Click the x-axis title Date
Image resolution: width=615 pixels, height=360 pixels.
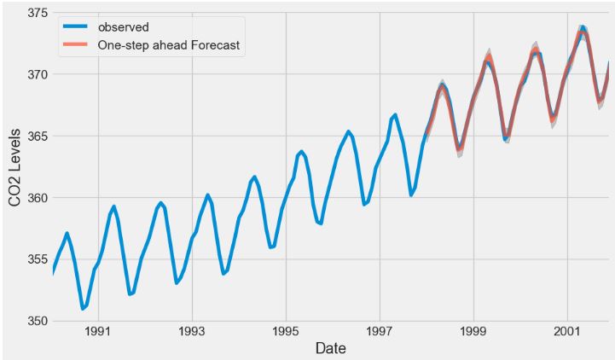pos(330,349)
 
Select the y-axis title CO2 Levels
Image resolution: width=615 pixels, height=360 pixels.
pos(14,167)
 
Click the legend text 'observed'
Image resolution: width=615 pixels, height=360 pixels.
pos(123,27)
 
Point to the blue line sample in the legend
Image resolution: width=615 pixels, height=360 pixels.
pos(77,27)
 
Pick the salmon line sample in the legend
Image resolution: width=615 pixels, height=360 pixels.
pos(77,46)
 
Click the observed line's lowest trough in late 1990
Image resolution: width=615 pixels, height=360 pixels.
pos(83,309)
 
